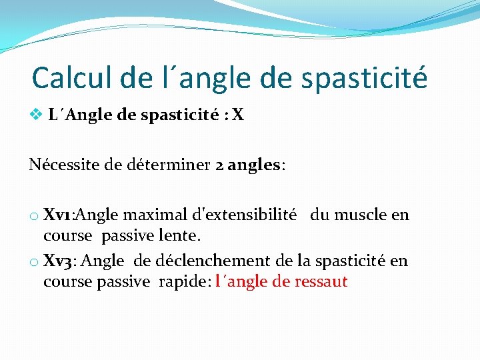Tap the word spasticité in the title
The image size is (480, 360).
364,78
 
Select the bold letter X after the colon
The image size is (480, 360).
238,115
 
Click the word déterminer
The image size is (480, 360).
173,165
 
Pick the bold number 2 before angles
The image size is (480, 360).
219,165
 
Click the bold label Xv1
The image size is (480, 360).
59,215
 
